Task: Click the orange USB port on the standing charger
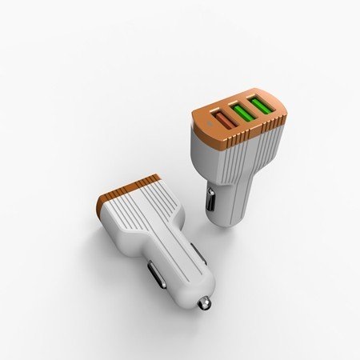tap(223, 121)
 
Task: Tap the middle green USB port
tap(242, 113)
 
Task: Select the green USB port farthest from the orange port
tap(261, 105)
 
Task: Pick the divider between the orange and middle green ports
tap(233, 117)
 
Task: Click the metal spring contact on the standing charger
tap(210, 199)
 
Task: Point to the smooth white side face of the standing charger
tap(202, 160)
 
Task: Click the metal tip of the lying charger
tap(206, 303)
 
